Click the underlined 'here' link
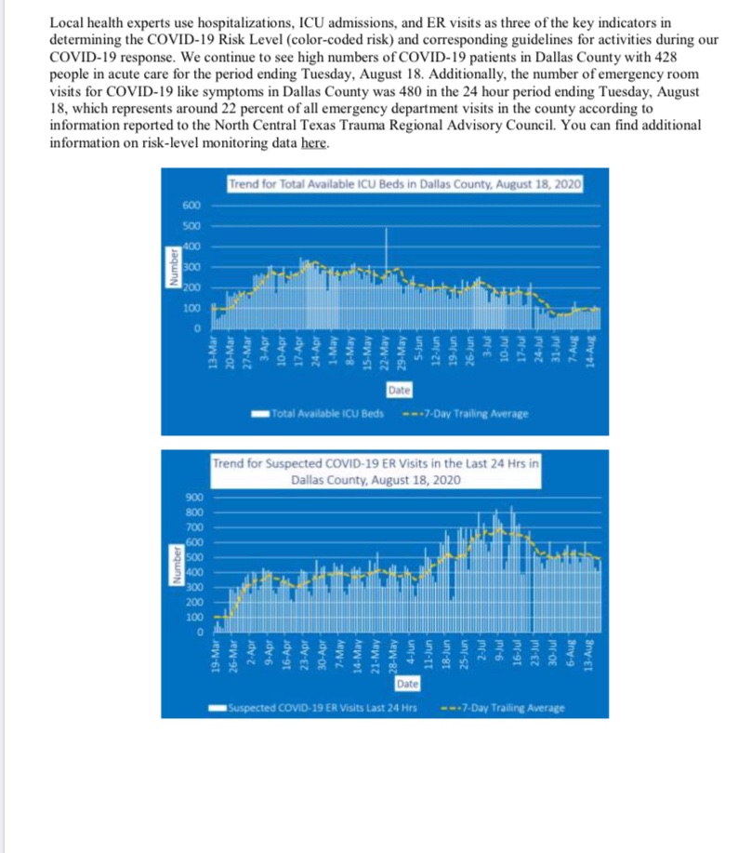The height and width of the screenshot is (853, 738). coord(315,143)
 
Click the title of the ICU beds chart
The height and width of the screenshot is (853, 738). coord(405,184)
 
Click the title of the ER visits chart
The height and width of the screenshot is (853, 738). coord(376,471)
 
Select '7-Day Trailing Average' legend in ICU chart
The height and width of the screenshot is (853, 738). coord(467,413)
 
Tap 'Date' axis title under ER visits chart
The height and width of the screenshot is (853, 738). coord(406,685)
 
